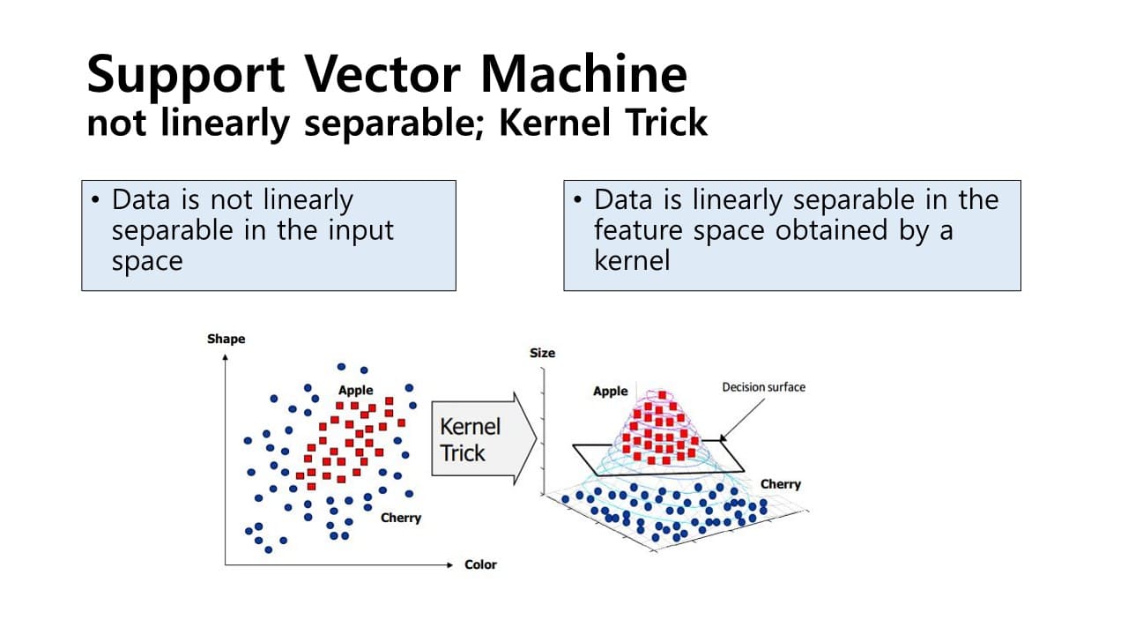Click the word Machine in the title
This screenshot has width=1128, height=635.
583,74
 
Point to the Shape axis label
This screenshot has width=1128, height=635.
226,339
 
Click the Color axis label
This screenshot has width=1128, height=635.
480,564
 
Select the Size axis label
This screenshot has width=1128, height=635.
542,353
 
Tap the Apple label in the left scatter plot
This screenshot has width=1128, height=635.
355,390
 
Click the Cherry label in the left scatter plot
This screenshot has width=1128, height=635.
401,518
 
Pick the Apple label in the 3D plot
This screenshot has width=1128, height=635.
610,391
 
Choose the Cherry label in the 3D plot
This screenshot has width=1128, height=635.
780,484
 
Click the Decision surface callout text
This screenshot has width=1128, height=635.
763,386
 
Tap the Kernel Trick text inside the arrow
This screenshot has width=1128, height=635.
469,439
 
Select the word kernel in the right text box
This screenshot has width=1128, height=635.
631,261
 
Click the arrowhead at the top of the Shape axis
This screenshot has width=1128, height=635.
226,357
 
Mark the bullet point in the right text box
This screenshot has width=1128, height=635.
578,200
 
